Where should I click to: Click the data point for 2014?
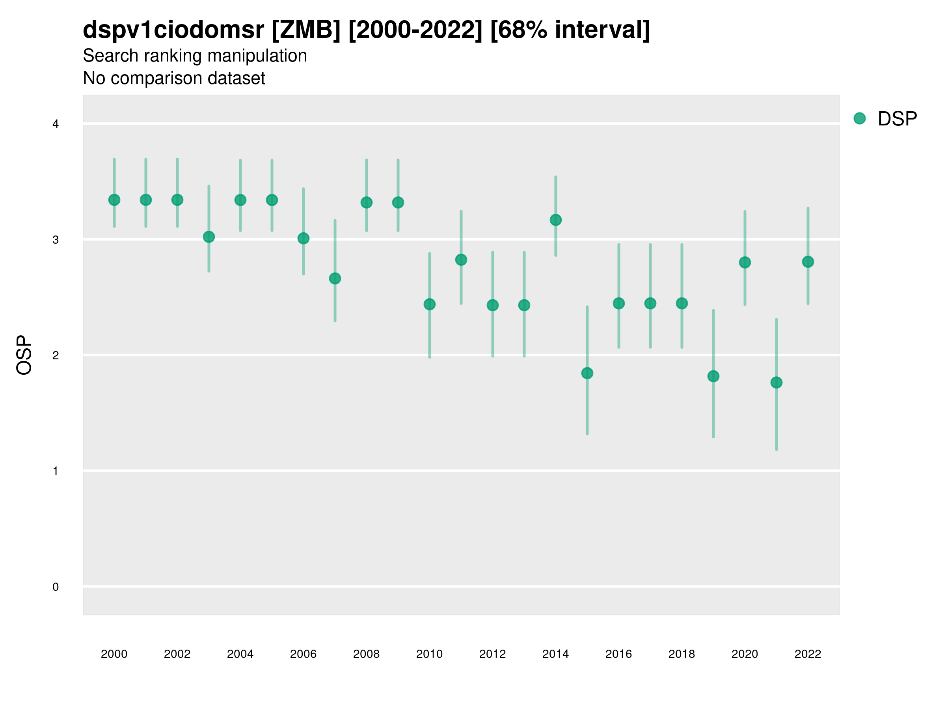[555, 220]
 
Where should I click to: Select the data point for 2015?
[587, 373]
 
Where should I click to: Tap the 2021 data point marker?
[776, 382]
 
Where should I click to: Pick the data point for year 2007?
[335, 278]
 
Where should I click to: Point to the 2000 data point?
[114, 200]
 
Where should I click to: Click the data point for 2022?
[808, 262]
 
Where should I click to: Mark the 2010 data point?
[429, 304]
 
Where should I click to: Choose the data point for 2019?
[713, 376]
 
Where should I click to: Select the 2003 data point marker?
[209, 237]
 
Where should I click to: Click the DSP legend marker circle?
[859, 119]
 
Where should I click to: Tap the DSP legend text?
[897, 119]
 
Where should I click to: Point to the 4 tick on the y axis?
[56, 124]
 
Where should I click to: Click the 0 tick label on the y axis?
[56, 587]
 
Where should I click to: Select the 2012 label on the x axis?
[492, 654]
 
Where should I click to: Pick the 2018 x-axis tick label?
[682, 654]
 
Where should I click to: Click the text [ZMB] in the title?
[306, 30]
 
